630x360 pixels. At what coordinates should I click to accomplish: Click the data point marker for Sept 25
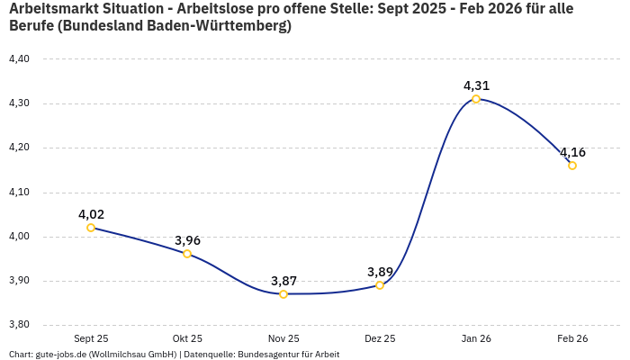(91, 228)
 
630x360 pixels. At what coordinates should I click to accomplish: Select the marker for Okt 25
(187, 254)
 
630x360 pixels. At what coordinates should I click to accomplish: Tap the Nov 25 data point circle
(283, 294)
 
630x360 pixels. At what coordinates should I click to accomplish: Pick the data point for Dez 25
(380, 285)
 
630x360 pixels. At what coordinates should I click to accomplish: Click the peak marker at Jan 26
(476, 99)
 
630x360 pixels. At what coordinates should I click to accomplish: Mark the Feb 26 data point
(572, 166)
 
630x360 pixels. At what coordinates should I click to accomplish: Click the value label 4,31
(476, 85)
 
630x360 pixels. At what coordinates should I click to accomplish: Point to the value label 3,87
(283, 281)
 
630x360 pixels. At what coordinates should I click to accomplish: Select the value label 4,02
(91, 214)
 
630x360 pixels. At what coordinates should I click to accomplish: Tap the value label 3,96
(187, 240)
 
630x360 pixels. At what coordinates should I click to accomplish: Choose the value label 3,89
(380, 272)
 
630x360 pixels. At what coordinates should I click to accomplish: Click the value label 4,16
(572, 152)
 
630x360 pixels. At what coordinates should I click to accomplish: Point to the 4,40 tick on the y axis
(19, 59)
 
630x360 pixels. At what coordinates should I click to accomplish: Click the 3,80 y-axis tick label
(19, 325)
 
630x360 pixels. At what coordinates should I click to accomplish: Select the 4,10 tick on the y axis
(19, 192)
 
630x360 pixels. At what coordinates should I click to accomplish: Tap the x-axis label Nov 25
(283, 339)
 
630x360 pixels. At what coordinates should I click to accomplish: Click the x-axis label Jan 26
(476, 339)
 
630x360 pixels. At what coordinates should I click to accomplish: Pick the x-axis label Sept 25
(91, 339)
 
